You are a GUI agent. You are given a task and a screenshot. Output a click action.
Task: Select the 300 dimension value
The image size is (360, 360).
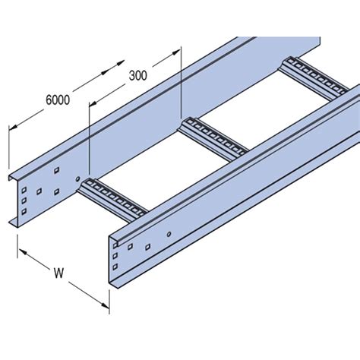(137, 75)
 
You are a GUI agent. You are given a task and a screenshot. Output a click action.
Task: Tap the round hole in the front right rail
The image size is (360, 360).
(169, 234)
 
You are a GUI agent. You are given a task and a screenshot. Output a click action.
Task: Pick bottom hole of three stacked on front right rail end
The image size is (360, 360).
(115, 267)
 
